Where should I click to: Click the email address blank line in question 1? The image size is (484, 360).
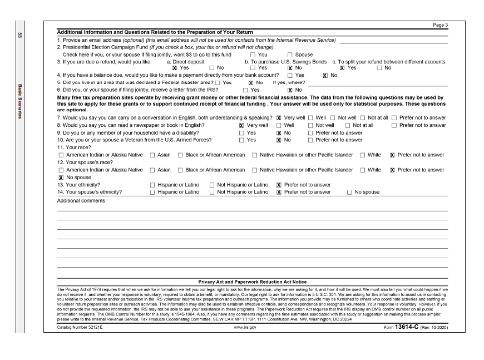(393, 42)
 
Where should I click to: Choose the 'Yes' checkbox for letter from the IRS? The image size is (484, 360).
(241, 89)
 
